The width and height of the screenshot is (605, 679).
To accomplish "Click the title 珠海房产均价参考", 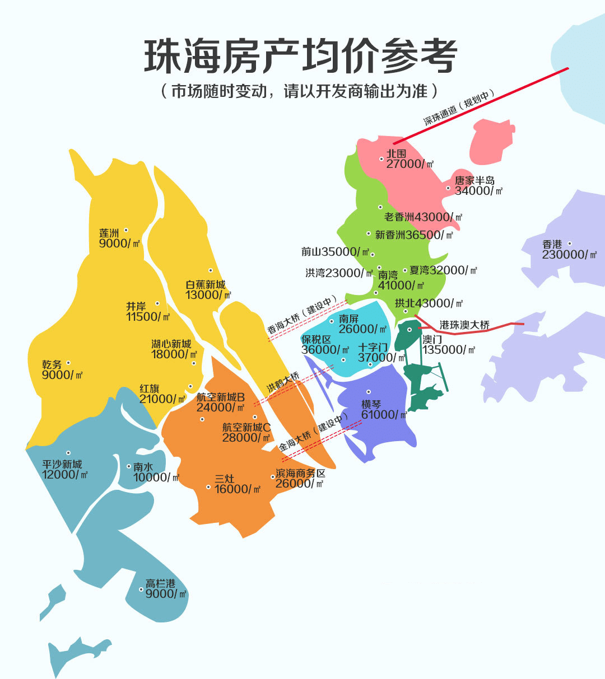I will [301, 56].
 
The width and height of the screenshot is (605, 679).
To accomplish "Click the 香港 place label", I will [552, 244].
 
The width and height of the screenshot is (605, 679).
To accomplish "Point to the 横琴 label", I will [371, 404].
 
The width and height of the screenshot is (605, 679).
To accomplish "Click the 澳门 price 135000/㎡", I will [449, 350].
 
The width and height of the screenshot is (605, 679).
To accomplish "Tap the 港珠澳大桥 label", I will [464, 325].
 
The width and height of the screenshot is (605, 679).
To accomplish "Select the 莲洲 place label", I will [109, 233].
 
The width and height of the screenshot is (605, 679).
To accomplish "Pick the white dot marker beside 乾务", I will [68, 363].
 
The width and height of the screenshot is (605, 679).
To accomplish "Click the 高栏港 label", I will [160, 583].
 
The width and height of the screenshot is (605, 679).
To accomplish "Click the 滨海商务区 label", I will [301, 473].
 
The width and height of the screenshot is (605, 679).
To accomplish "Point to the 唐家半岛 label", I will [474, 180].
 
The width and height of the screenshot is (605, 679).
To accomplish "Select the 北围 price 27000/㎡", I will [410, 163].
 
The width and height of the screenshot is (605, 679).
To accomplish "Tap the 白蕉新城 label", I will [206, 284].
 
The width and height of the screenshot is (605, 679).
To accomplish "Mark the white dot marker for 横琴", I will [369, 392].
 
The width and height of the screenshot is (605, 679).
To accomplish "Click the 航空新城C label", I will [246, 427].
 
